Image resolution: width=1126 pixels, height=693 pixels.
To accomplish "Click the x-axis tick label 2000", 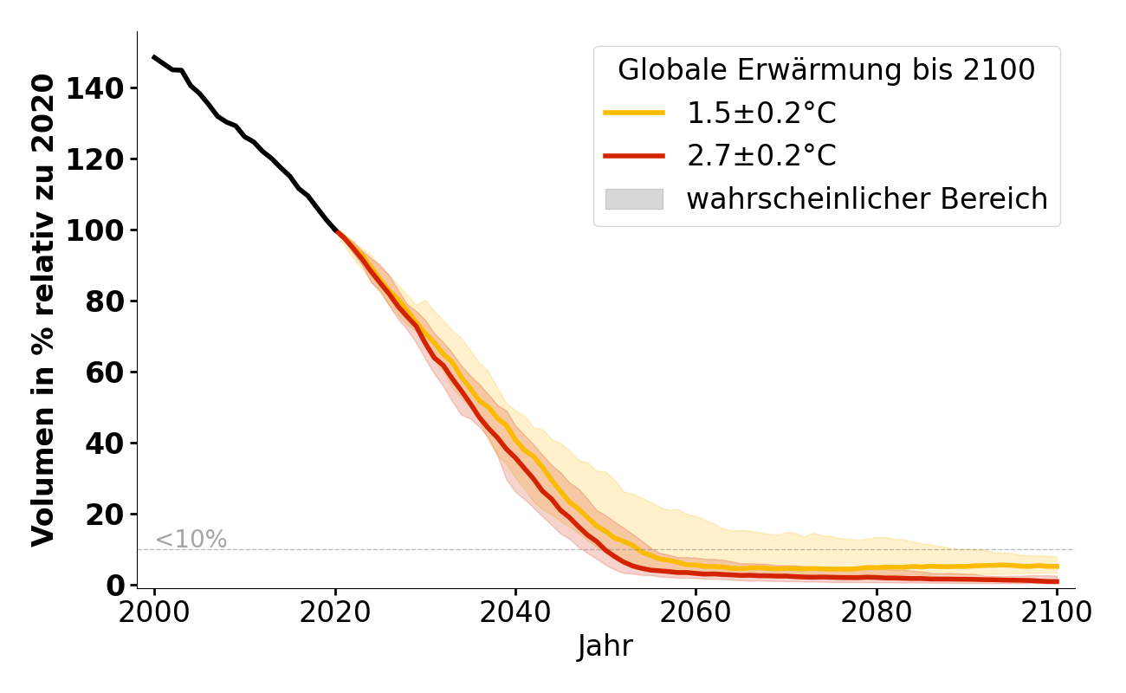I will [154, 613].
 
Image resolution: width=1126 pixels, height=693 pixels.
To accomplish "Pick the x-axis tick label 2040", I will [515, 613].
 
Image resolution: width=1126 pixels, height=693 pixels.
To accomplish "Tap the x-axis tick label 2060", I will [696, 613].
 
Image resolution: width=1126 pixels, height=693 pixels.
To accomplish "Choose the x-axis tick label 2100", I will [1057, 613].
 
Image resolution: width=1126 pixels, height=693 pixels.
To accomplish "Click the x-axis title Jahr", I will [605, 647].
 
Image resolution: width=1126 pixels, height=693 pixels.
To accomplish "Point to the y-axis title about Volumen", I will [43, 309].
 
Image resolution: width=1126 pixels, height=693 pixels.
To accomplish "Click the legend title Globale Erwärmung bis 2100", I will [826, 70].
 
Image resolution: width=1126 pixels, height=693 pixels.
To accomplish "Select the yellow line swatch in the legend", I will [634, 113].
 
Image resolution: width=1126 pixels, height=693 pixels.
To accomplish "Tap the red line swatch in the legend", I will [634, 156].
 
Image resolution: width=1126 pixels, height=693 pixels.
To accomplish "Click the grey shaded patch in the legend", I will [634, 199].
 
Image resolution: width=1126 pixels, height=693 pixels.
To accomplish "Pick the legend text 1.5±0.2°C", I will [761, 113].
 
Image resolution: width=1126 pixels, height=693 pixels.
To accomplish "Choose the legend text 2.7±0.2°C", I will [761, 156].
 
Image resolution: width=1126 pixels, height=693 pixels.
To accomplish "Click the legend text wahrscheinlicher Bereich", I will [867, 199].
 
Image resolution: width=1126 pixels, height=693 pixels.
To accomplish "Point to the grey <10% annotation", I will [191, 540].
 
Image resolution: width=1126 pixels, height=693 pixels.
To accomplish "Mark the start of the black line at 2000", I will [154, 57].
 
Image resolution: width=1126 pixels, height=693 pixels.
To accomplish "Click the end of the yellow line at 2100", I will [1057, 567].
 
